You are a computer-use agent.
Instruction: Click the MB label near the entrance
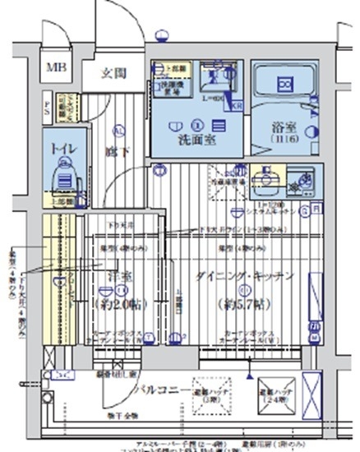click(57, 67)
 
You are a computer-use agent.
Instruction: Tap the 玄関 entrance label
click(113, 73)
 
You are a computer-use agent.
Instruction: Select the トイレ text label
click(59, 150)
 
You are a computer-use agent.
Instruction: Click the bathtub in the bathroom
click(284, 85)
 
